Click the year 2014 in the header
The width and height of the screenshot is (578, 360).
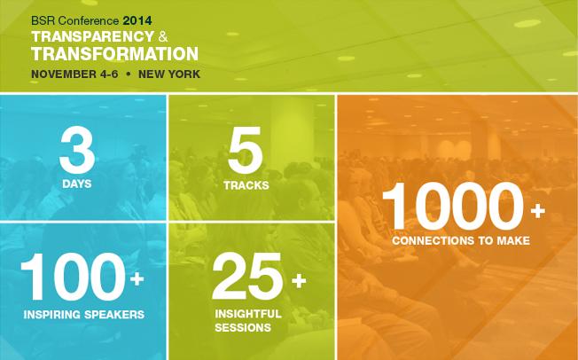point(137,20)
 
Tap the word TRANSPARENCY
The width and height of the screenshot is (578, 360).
point(92,36)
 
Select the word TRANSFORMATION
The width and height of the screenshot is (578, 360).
point(114,53)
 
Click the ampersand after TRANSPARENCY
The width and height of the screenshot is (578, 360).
point(163,37)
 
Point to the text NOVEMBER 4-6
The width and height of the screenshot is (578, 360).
point(74,74)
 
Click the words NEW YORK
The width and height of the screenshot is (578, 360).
point(169,74)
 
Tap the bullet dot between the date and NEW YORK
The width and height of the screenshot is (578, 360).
point(129,74)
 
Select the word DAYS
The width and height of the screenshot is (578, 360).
point(76,184)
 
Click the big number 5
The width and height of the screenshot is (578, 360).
point(246,150)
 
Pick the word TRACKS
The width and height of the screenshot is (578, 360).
point(246,185)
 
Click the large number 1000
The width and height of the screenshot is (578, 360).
point(453,206)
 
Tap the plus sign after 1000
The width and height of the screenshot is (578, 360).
point(538,212)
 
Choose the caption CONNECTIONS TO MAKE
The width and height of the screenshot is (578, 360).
point(461,241)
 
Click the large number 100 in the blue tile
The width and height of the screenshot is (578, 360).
point(73,277)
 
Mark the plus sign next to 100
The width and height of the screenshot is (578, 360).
point(137,278)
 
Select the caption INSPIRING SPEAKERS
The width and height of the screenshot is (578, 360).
point(83,315)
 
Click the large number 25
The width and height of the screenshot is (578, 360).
point(247,277)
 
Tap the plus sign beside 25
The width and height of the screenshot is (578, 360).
point(299,281)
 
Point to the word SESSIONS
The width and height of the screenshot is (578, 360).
point(243,327)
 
